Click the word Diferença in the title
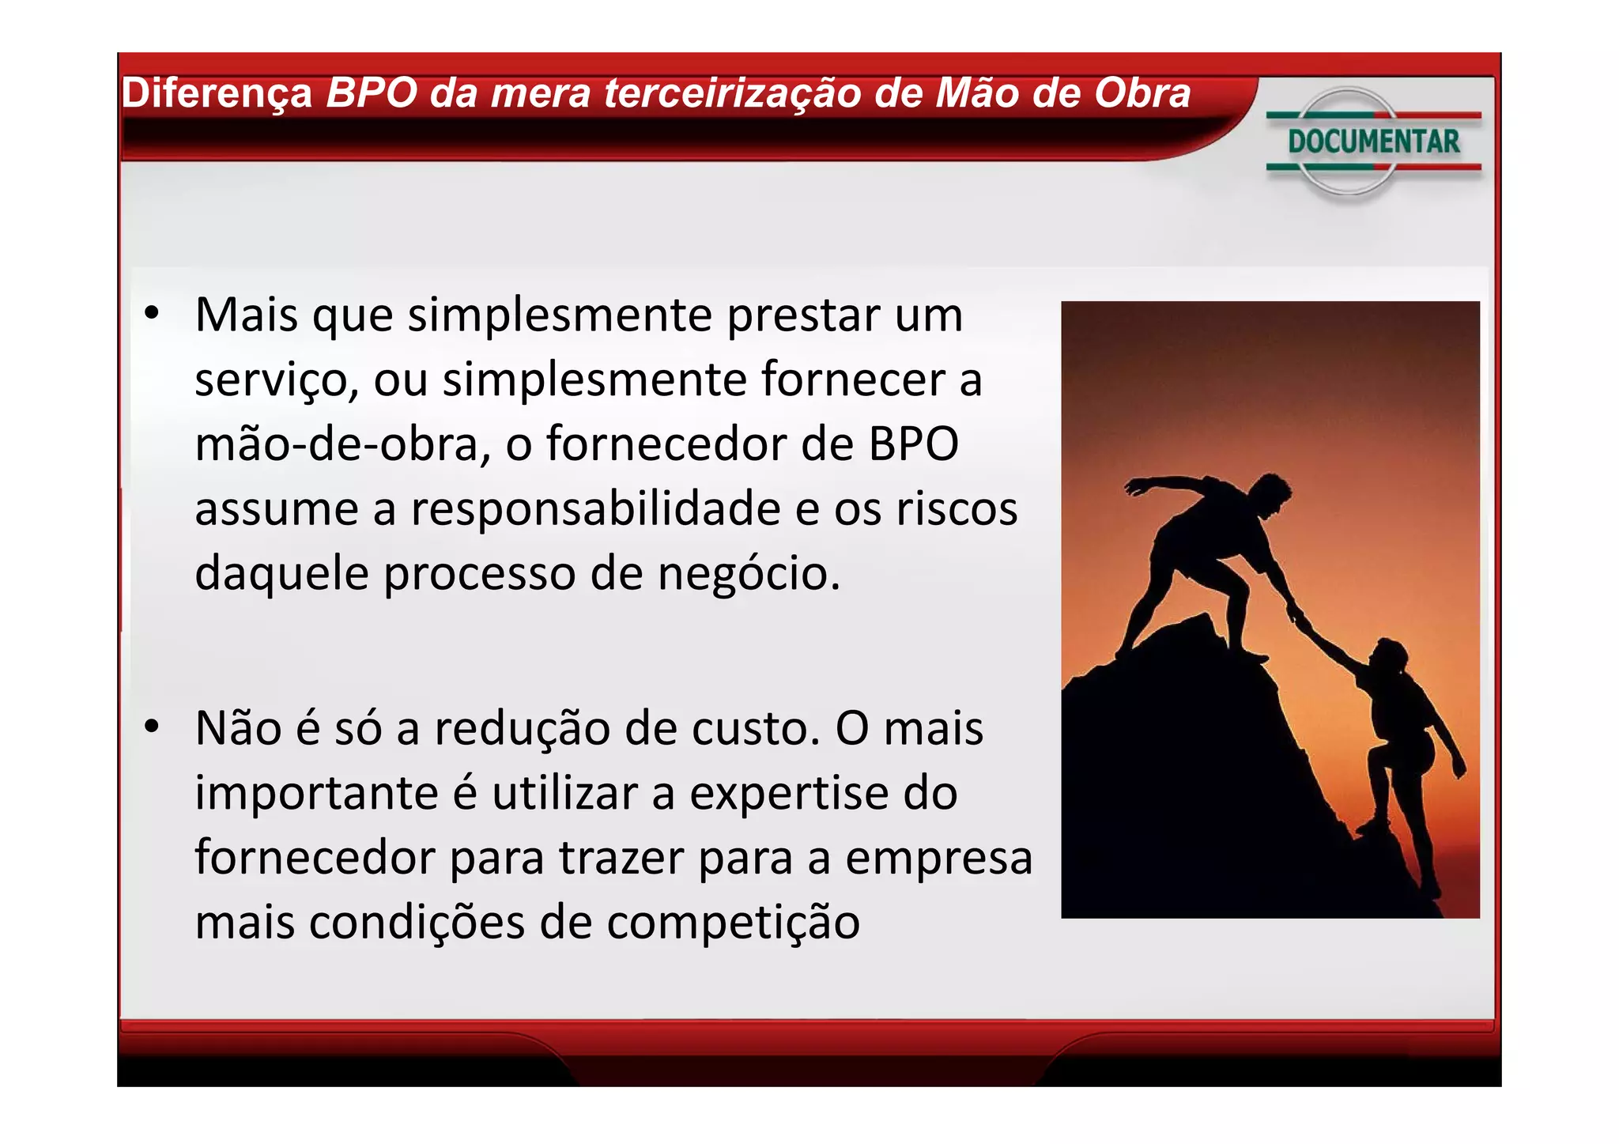(x=217, y=94)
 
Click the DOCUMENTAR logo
(x=1373, y=142)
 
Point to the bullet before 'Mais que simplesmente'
(x=152, y=314)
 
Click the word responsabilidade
(x=595, y=508)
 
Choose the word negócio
(x=748, y=573)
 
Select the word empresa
(x=938, y=859)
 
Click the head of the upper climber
(x=1273, y=490)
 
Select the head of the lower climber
(x=1389, y=656)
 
